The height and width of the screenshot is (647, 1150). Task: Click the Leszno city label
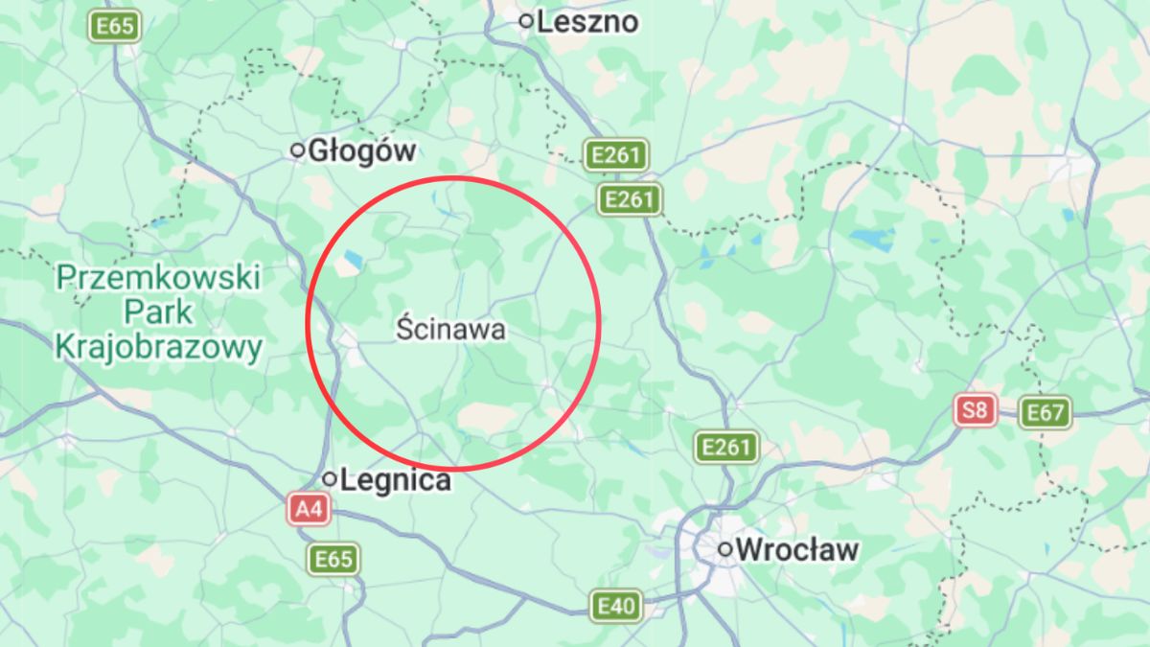click(587, 21)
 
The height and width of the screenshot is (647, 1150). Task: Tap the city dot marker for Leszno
click(525, 20)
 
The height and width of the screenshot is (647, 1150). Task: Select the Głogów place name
click(362, 150)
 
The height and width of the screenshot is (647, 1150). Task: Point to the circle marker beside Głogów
click(298, 150)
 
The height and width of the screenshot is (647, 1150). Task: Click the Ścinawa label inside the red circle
click(450, 330)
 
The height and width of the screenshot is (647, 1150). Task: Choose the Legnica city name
click(395, 479)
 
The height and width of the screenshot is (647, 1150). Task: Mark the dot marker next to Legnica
click(330, 478)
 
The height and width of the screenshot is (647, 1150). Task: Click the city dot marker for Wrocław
click(725, 549)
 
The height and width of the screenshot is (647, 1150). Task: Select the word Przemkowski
click(158, 279)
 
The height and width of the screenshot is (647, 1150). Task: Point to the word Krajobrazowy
click(158, 347)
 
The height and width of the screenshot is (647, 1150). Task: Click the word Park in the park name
click(158, 312)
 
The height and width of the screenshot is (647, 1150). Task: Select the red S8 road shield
click(975, 412)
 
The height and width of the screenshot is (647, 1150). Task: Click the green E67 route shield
click(1044, 413)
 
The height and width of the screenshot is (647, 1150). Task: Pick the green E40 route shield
click(615, 606)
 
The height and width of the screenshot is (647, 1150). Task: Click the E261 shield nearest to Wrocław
click(724, 446)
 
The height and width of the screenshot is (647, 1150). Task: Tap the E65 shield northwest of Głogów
click(115, 26)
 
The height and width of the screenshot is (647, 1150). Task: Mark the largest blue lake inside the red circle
click(354, 259)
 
